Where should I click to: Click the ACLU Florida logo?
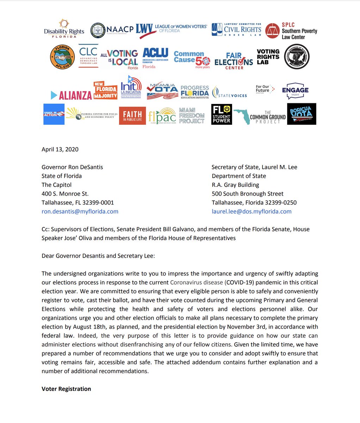point(155,57)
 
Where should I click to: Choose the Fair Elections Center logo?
point(234,60)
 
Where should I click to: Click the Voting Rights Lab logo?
point(268,56)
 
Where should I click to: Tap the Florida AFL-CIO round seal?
point(62,57)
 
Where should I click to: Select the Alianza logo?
point(71,95)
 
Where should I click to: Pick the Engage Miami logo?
point(295,92)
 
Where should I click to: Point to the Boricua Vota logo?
point(302,114)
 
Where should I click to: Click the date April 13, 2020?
point(60,149)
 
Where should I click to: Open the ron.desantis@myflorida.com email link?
point(80,211)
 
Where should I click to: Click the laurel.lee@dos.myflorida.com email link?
point(252,211)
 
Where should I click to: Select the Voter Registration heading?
point(66,389)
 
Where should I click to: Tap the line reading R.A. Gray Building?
point(235,185)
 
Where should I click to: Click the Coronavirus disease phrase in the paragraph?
point(197,282)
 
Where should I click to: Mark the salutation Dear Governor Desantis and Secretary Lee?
point(98,256)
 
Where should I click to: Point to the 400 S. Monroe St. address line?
point(65,194)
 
